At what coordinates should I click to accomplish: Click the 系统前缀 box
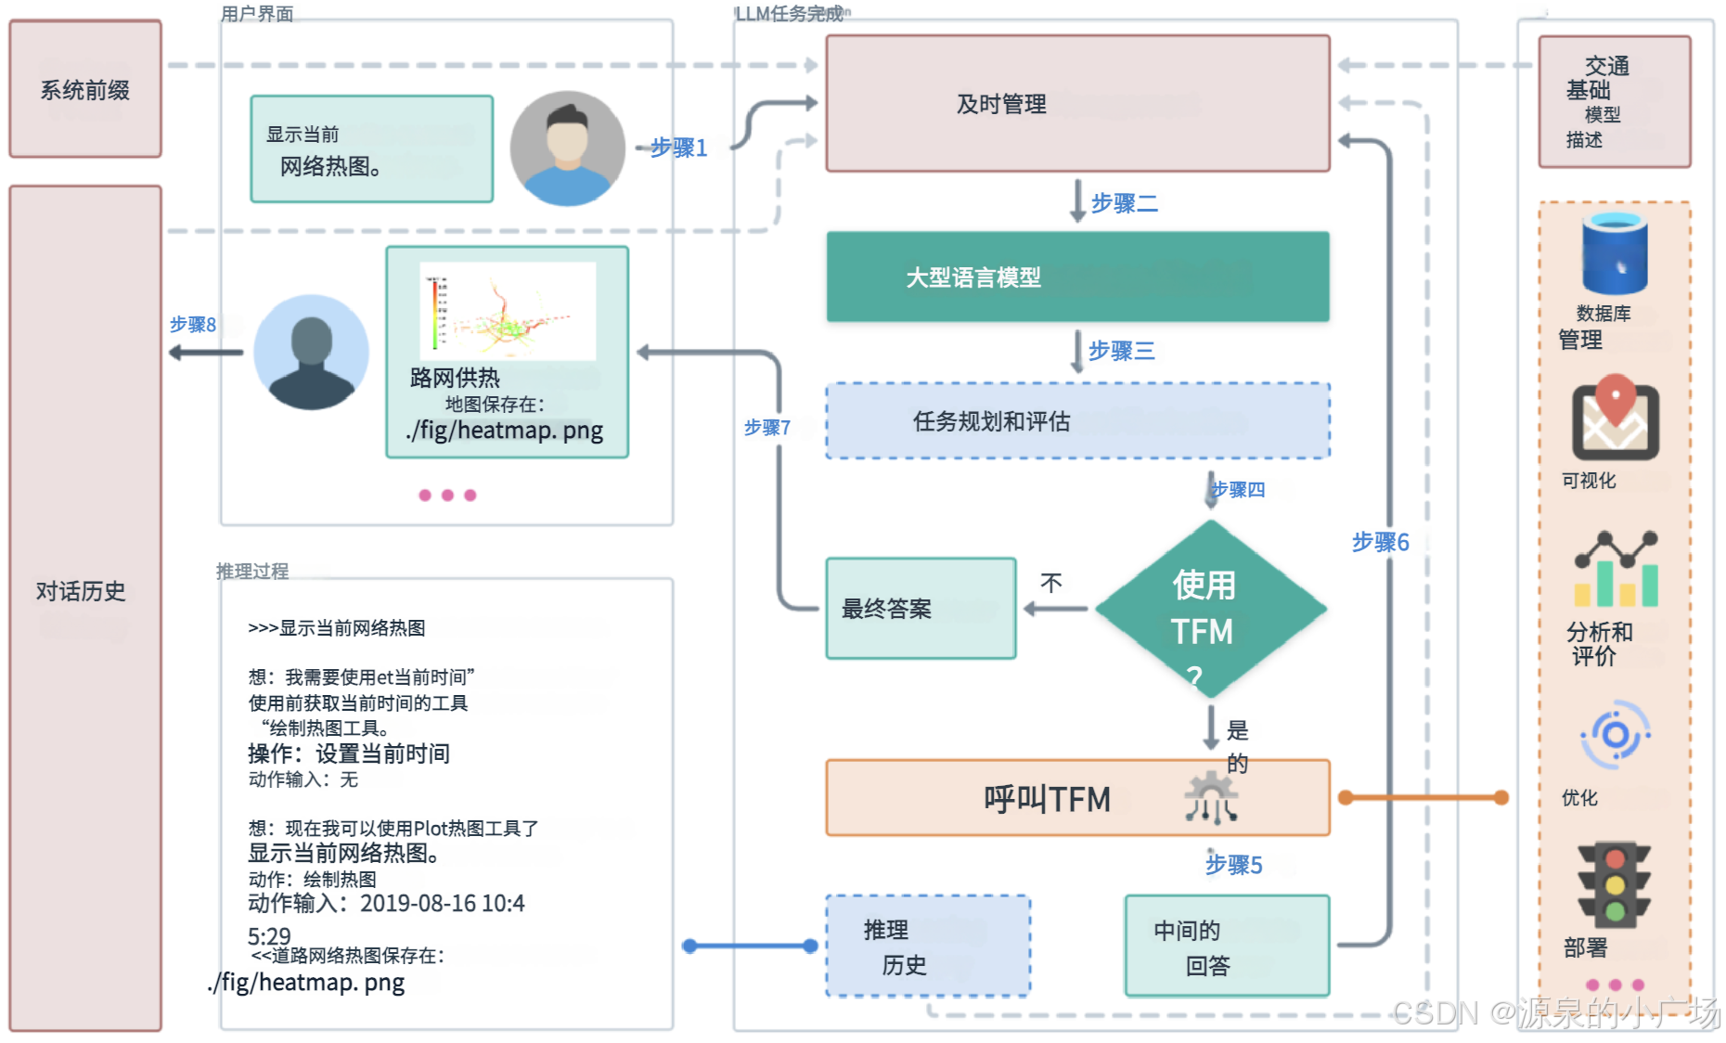click(85, 89)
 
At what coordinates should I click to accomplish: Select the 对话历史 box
click(85, 608)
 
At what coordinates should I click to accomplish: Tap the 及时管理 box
click(1077, 103)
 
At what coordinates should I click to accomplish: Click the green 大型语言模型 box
click(1077, 277)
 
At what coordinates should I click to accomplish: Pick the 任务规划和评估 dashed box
click(1077, 420)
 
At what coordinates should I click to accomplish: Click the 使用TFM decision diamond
click(1210, 610)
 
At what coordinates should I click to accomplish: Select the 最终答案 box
click(921, 609)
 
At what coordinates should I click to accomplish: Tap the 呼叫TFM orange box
click(1077, 798)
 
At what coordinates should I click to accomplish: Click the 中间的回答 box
click(1227, 946)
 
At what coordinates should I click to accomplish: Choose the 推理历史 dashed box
click(928, 946)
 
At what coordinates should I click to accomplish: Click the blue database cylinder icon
click(1615, 252)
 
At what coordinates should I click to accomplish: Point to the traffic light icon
click(1615, 885)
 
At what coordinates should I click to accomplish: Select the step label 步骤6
click(1380, 542)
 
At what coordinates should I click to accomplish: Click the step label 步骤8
click(193, 325)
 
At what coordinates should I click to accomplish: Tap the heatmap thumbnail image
click(508, 311)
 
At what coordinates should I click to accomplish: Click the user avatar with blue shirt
click(567, 148)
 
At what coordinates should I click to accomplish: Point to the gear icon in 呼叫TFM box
click(1210, 797)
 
